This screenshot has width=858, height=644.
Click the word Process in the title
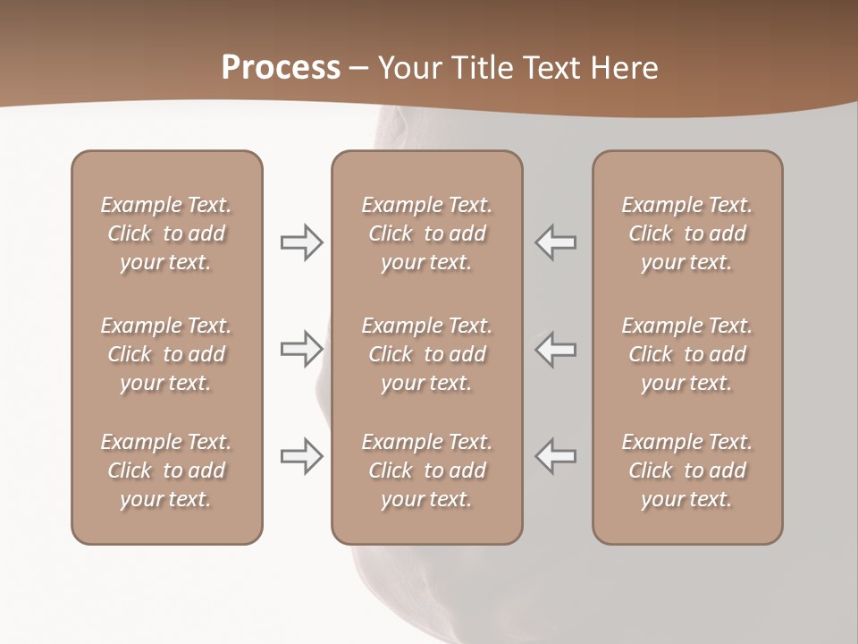tap(281, 68)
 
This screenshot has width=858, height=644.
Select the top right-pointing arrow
tap(301, 242)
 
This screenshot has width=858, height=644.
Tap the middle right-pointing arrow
tap(301, 349)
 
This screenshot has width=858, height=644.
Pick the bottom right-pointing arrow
tap(301, 456)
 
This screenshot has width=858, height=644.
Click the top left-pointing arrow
tap(556, 242)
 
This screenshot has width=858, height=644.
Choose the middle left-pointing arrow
tap(556, 349)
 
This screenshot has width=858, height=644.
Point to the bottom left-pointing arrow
tap(556, 456)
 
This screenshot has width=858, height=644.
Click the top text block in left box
tap(166, 233)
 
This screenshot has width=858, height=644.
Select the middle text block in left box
tap(166, 354)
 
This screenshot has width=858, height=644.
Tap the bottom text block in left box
tap(166, 470)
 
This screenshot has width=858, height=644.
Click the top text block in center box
tap(426, 233)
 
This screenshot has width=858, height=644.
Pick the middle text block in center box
tap(426, 354)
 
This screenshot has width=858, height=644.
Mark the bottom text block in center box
tap(426, 470)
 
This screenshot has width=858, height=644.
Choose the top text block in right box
tap(687, 233)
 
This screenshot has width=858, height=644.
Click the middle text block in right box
tap(687, 354)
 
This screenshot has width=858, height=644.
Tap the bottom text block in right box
tap(687, 470)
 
